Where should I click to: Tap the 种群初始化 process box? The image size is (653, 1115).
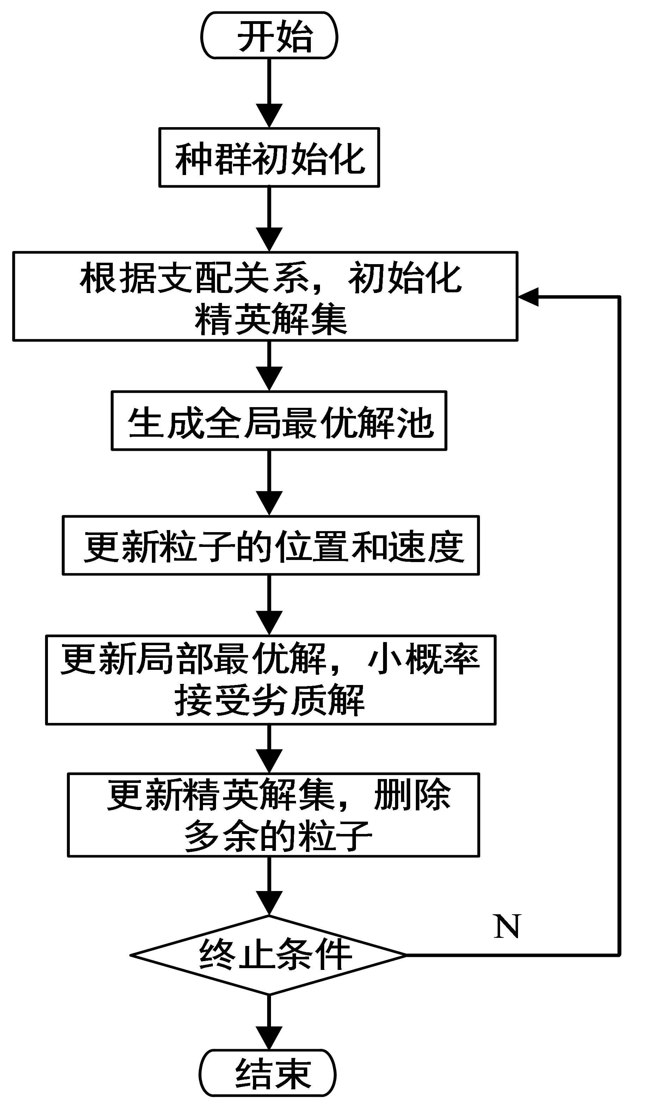(269, 157)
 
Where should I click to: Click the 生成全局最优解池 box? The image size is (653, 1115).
(279, 421)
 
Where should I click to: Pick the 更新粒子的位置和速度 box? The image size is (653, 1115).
(271, 545)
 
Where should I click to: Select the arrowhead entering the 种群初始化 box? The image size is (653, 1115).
(269, 116)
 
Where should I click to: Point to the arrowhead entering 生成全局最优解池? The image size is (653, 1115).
(269, 379)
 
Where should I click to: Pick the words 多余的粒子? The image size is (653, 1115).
(278, 836)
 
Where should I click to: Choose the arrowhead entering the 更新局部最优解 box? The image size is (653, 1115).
(269, 623)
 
